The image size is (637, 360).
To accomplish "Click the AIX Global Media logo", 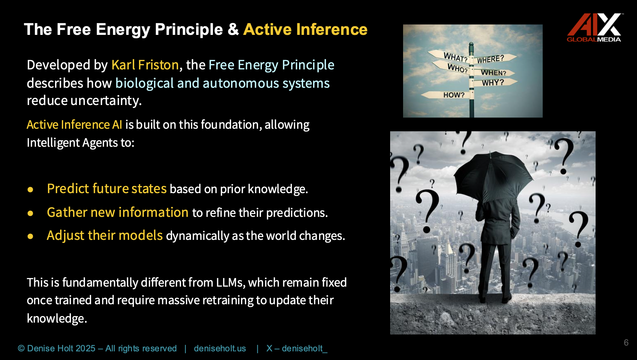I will point(594,28).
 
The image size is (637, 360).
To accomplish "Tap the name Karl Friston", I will point(145,65).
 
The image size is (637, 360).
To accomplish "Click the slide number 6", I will point(626,342).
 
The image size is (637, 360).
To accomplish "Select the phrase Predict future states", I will point(107,189).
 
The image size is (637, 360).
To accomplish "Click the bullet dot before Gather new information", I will point(30,213).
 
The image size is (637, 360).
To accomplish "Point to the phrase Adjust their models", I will point(105,236).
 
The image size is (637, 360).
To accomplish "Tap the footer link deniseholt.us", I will point(220,348).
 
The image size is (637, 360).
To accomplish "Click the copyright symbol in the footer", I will point(21,348).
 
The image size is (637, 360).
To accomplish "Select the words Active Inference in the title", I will point(305,29).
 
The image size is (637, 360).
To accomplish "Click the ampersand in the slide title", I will point(233,29).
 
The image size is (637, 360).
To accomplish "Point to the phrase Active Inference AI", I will point(74,125).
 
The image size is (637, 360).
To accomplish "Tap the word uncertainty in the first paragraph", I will point(105,101).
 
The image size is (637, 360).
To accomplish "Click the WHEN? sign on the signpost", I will point(493,73).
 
